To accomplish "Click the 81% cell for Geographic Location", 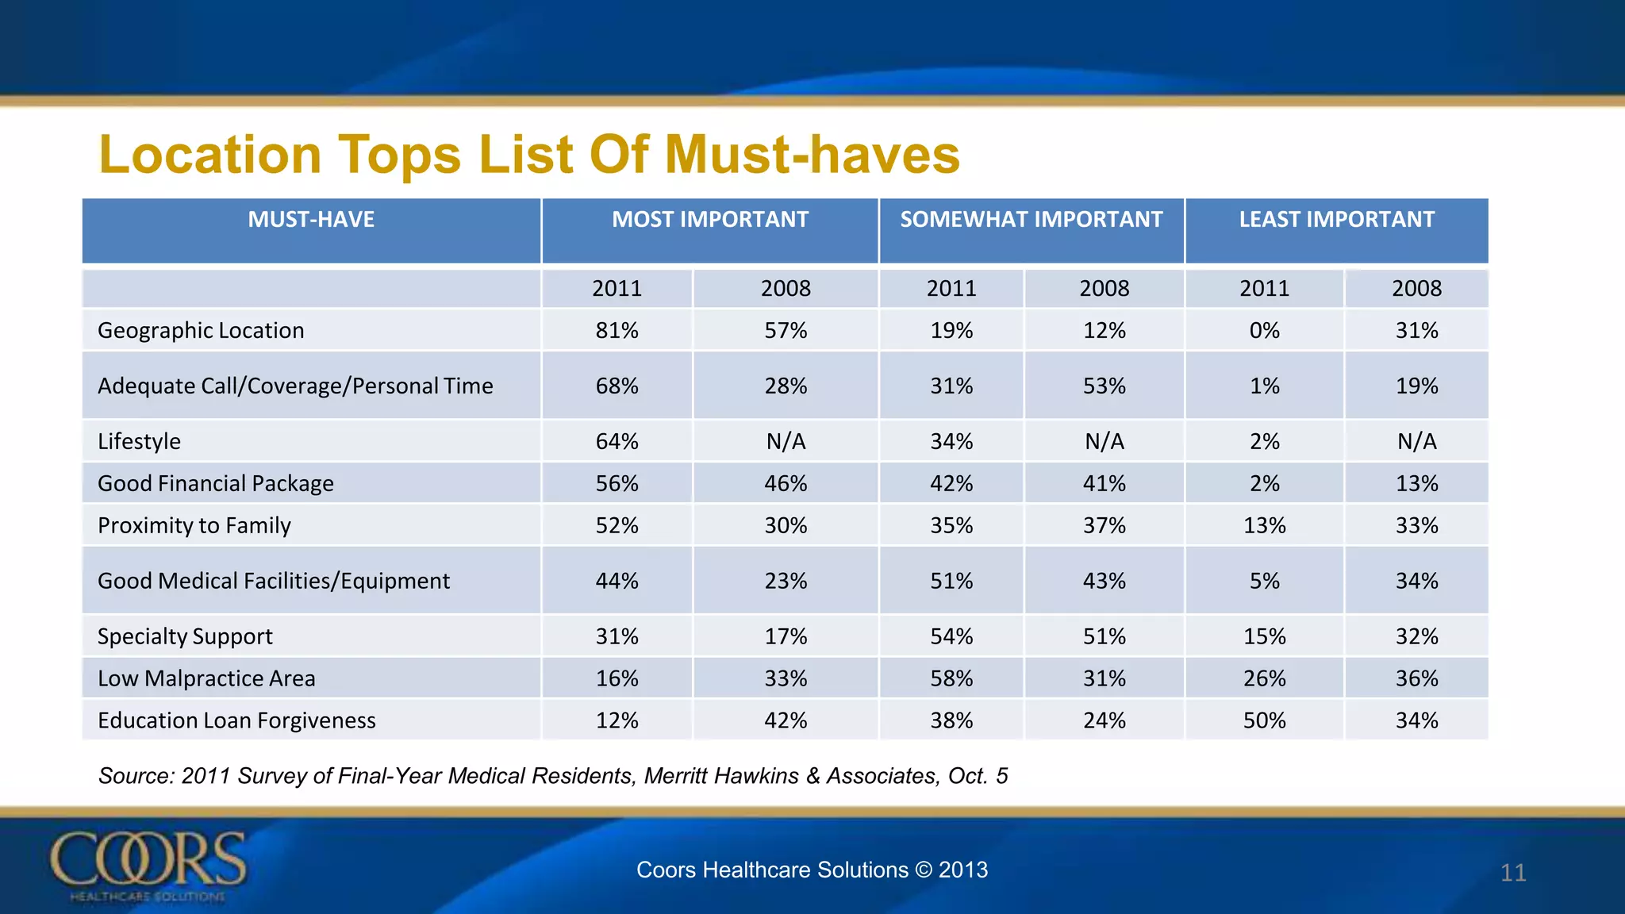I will [617, 330].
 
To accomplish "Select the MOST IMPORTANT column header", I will [709, 220].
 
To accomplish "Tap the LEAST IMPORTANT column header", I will [1336, 220].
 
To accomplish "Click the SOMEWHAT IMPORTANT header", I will [1031, 220].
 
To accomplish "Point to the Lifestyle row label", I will [139, 441].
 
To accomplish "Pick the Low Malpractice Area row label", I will [206, 678].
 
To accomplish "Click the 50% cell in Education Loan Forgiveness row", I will [1264, 720].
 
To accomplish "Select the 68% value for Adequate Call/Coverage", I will [617, 386].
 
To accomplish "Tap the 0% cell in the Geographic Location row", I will [1264, 330].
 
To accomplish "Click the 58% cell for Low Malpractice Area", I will [951, 678].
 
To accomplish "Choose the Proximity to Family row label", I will [194, 525].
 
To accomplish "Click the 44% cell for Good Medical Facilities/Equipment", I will [617, 581].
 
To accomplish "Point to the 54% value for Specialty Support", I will [951, 636].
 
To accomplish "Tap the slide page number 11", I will [1512, 873].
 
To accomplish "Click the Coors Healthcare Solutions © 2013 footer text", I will [812, 870].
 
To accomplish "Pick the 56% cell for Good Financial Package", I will [617, 483].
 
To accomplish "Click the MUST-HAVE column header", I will [311, 220].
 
